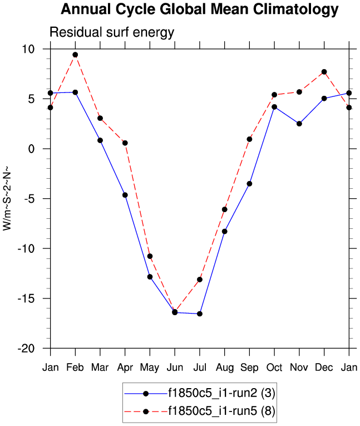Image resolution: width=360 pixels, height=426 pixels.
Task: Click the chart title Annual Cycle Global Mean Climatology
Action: [x=199, y=9]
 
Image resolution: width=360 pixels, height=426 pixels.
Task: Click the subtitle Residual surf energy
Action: [x=112, y=33]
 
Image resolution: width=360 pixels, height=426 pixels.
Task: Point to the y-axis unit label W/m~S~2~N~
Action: [x=7, y=198]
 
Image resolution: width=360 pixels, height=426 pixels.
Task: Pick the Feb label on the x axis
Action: [x=75, y=368]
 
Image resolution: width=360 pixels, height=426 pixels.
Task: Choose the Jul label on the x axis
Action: [x=200, y=368]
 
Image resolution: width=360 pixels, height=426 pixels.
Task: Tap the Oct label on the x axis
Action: [x=274, y=368]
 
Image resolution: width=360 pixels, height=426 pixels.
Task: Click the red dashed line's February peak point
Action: [x=75, y=55]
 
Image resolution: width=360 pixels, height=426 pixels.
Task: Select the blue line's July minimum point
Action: [x=200, y=314]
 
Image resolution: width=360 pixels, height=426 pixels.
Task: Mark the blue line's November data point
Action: [x=299, y=124]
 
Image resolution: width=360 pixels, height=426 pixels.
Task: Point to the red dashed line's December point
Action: [x=324, y=72]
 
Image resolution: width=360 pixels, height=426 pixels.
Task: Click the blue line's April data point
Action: [x=125, y=195]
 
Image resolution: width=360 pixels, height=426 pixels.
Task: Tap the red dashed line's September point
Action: [x=249, y=139]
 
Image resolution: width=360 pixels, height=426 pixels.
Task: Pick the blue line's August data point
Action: [x=225, y=231]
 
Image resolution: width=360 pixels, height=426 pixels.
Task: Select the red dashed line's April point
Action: [x=125, y=143]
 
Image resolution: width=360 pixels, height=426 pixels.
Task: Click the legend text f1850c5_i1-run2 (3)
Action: [x=221, y=393]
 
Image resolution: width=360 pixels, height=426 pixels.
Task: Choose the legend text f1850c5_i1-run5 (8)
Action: [x=221, y=412]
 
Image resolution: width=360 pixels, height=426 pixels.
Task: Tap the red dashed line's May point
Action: [x=150, y=256]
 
